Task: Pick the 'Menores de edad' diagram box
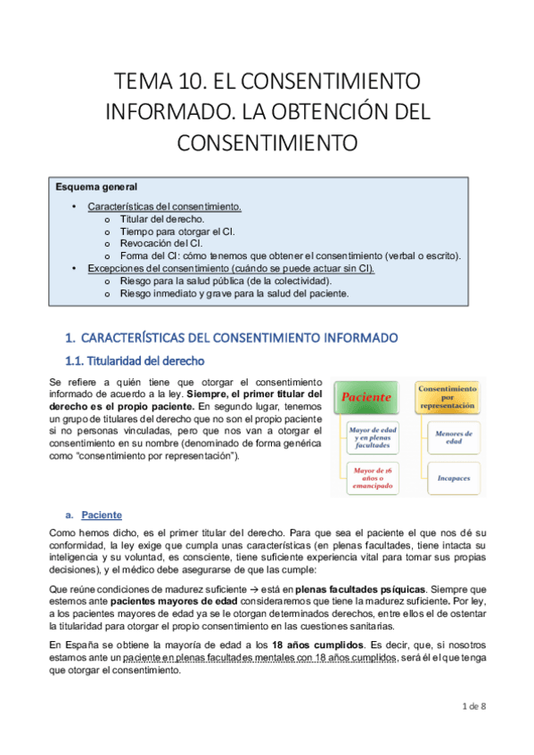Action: pos(448,436)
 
